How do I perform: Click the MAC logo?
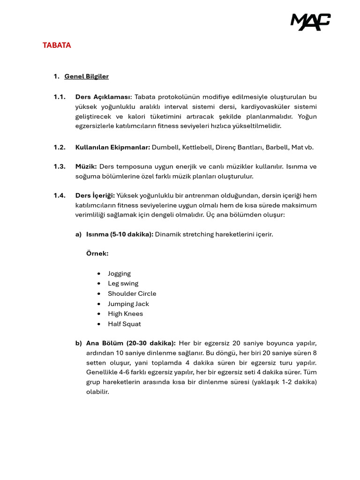(310, 22)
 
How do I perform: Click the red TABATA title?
(57, 45)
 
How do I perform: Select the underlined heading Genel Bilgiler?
(86, 76)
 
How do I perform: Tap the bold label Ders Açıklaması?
(104, 97)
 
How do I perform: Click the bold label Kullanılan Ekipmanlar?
(112, 147)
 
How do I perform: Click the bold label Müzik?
(86, 166)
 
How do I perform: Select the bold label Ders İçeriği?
(95, 195)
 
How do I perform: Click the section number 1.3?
(59, 166)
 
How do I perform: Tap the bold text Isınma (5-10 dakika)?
(120, 234)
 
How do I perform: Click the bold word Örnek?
(97, 254)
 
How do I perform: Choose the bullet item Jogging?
(119, 274)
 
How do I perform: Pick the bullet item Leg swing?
(123, 284)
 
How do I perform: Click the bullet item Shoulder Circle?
(132, 294)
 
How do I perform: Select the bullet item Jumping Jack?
(128, 304)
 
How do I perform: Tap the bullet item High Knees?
(125, 314)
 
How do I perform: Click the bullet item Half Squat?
(124, 324)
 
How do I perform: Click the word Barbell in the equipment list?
(276, 147)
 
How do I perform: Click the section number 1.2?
(59, 147)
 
